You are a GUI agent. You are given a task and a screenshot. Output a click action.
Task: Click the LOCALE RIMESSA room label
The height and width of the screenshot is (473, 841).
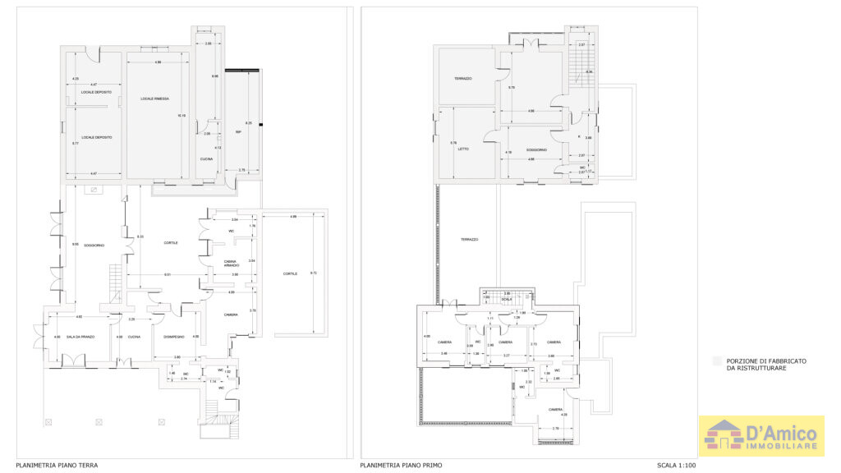pyautogui.click(x=154, y=99)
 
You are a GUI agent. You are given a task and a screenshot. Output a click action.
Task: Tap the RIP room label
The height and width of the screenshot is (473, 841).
pyautogui.click(x=238, y=132)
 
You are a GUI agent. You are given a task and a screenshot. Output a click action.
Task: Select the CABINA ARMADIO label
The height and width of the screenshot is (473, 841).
pyautogui.click(x=232, y=264)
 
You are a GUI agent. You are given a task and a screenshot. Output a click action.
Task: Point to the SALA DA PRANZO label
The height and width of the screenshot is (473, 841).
pyautogui.click(x=81, y=337)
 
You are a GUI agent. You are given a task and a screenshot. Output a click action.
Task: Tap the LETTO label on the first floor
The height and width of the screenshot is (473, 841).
pyautogui.click(x=462, y=149)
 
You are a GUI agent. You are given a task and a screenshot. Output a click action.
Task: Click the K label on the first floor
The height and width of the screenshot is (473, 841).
pyautogui.click(x=579, y=136)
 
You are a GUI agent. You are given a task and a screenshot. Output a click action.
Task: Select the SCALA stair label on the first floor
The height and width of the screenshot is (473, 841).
pyautogui.click(x=507, y=299)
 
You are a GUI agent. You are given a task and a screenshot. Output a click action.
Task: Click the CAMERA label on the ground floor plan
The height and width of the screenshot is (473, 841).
pyautogui.click(x=232, y=315)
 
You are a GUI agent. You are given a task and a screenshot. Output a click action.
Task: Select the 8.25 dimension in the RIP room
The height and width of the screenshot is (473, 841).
pyautogui.click(x=249, y=123)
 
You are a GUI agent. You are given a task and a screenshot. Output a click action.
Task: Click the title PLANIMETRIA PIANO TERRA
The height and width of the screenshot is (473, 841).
pyautogui.click(x=57, y=466)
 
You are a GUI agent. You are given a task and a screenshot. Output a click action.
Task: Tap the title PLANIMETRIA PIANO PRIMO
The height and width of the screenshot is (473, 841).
pyautogui.click(x=401, y=466)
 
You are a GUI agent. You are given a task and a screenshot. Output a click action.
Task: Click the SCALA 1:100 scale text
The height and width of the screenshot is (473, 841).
pyautogui.click(x=675, y=466)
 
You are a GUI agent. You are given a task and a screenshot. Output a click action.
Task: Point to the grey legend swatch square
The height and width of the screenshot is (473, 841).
pyautogui.click(x=716, y=361)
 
